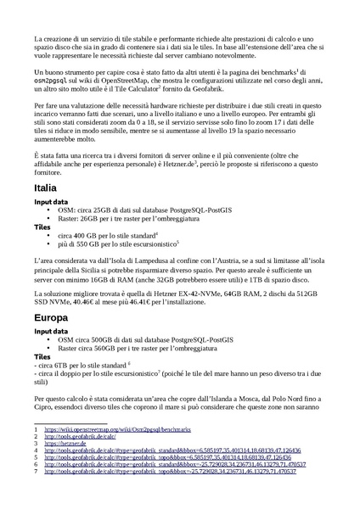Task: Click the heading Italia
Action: pos(46,187)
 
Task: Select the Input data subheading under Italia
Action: pos(52,203)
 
